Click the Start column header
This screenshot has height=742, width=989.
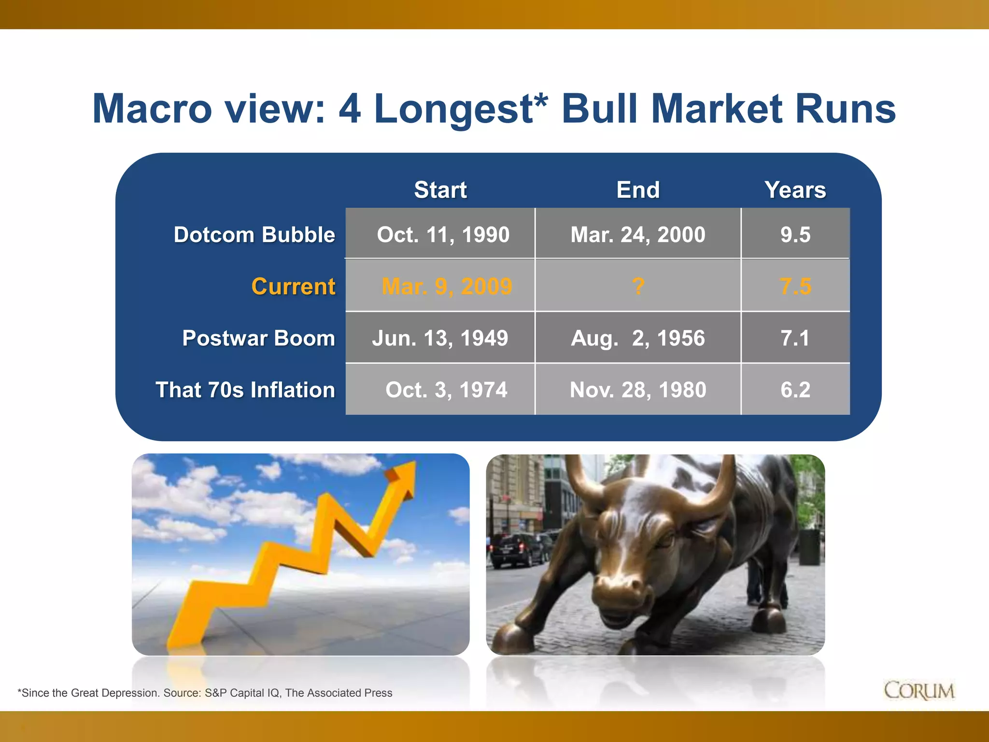point(440,190)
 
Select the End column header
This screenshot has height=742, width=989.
point(637,190)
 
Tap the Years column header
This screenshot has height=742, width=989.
point(795,190)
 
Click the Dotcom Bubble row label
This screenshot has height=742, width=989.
point(254,235)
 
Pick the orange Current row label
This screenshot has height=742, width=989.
point(293,286)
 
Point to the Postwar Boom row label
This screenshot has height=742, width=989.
point(258,338)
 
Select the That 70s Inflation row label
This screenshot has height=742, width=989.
point(245,390)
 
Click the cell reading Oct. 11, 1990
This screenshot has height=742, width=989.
point(442,235)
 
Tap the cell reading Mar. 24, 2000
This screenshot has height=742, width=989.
point(637,235)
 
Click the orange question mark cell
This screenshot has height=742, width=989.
point(638,286)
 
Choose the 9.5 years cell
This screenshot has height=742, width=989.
point(795,235)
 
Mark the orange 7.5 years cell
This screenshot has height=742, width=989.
point(795,286)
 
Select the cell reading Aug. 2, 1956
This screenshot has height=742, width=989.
point(637,338)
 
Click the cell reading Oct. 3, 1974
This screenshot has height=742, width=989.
point(446,390)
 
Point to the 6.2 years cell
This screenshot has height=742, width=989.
point(795,390)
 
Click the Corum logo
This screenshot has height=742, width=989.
point(918,691)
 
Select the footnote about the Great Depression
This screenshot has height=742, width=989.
point(205,693)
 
